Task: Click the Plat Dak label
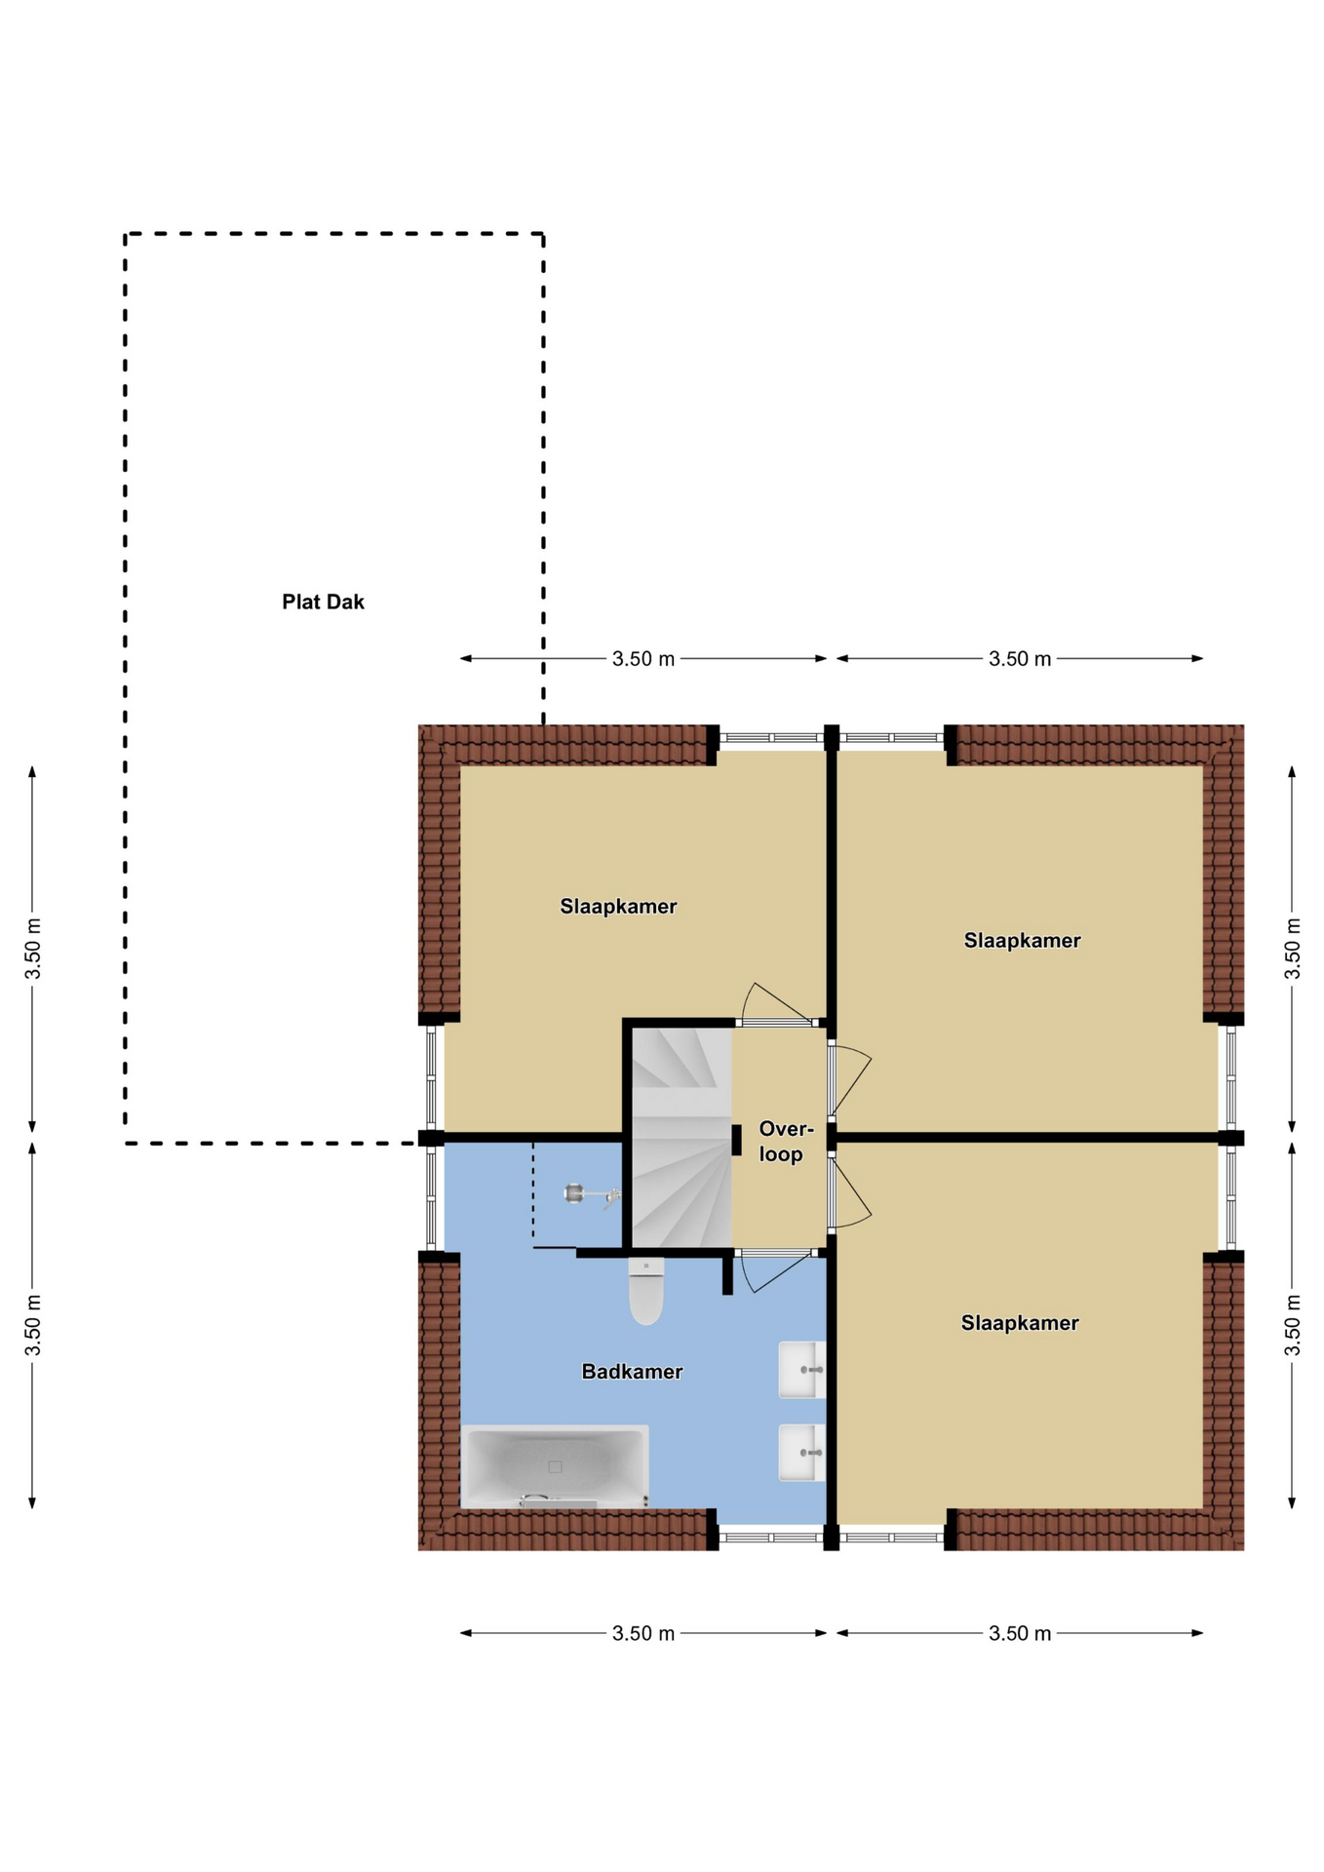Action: tap(323, 603)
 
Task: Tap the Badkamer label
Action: tap(632, 1372)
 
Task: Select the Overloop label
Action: tap(784, 1142)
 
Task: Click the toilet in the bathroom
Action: tap(645, 1291)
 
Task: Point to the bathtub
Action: tap(555, 1466)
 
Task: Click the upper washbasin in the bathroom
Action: tap(802, 1370)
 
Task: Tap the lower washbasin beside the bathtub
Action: tap(802, 1453)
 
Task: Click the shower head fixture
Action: tap(591, 1194)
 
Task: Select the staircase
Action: tap(681, 1138)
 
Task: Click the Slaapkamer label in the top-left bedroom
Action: tap(618, 907)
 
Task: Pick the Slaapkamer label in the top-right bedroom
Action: tap(1022, 941)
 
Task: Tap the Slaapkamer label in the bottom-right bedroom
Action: tap(1020, 1323)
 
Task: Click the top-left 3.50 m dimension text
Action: tap(643, 659)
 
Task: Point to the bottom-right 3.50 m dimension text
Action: tap(1020, 1633)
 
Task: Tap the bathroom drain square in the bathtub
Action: tap(555, 1466)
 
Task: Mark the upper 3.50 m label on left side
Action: tap(33, 949)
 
